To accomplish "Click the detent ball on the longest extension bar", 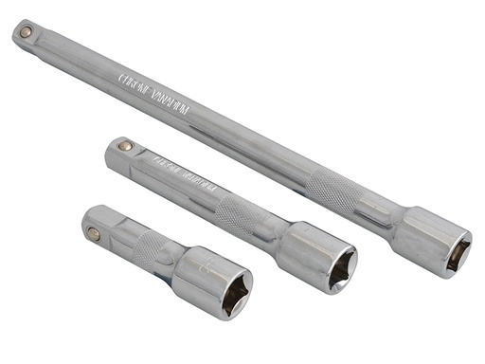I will [26, 32].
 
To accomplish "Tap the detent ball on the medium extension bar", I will [123, 146].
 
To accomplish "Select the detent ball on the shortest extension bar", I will [93, 232].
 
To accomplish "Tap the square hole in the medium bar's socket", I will [340, 271].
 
